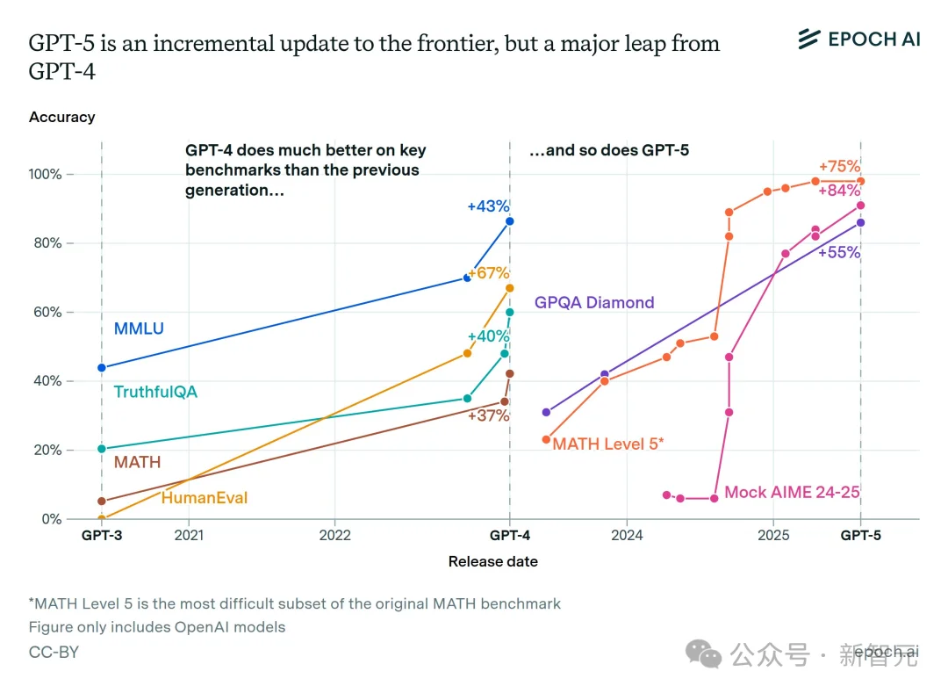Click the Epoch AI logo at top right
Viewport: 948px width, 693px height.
(x=858, y=39)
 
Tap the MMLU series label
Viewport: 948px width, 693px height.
(x=139, y=329)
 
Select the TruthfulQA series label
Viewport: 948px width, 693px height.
(x=155, y=392)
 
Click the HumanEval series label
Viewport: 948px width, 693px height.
(x=205, y=498)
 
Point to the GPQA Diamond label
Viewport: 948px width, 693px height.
(x=594, y=303)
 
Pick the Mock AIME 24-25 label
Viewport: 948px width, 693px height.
(x=792, y=493)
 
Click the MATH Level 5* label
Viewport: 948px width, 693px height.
(x=608, y=444)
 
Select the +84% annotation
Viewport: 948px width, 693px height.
(x=839, y=191)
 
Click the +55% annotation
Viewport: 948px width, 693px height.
(x=839, y=252)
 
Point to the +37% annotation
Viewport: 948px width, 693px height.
(x=488, y=415)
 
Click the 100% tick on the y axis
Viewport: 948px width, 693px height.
(x=46, y=175)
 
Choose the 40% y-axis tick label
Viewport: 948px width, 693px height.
(x=48, y=381)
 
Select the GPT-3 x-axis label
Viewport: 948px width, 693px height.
(x=102, y=534)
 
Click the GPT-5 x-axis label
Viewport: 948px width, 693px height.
(x=860, y=534)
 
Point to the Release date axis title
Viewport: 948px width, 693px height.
(x=492, y=561)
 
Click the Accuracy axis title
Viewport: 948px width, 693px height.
(x=61, y=117)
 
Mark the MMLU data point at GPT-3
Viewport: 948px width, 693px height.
(x=102, y=367)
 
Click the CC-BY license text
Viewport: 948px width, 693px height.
(x=54, y=653)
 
